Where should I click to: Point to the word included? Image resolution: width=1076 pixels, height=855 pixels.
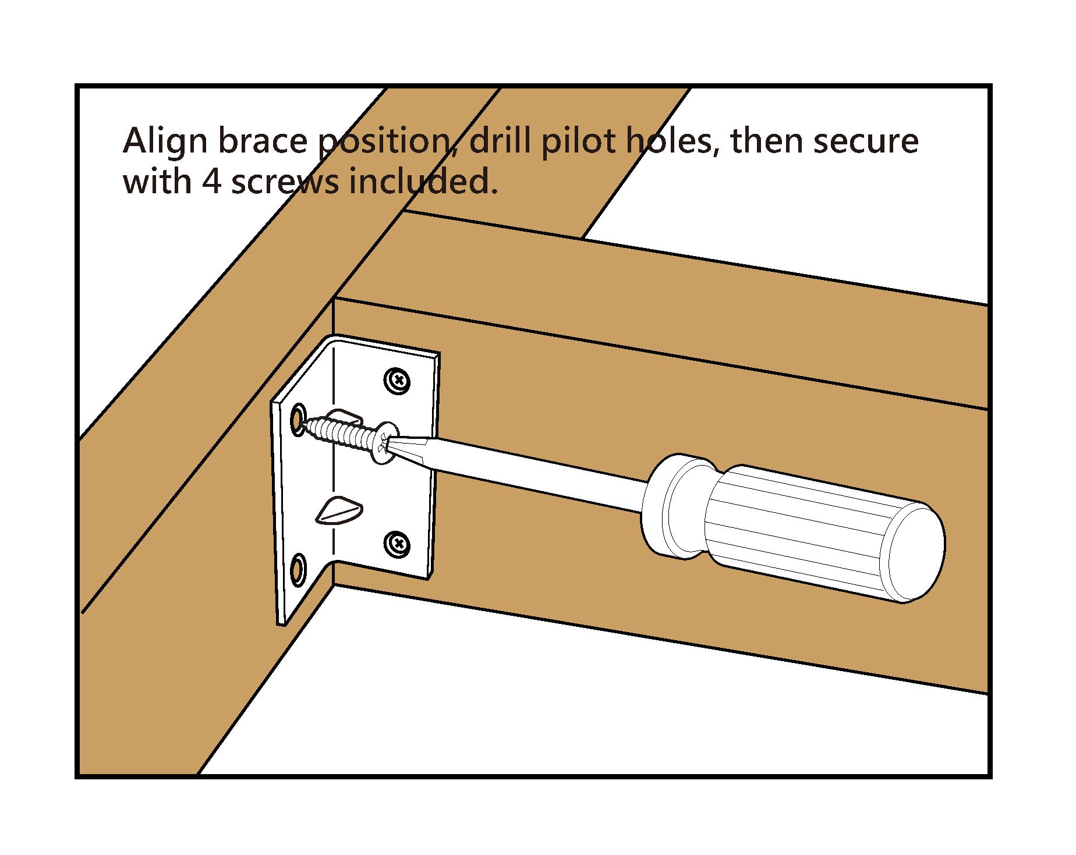pos(423,182)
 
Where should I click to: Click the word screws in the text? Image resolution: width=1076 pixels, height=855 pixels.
pos(285,183)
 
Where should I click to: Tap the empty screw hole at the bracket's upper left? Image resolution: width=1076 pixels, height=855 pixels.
pos(298,417)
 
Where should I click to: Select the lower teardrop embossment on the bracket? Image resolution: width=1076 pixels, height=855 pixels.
pos(338,511)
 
